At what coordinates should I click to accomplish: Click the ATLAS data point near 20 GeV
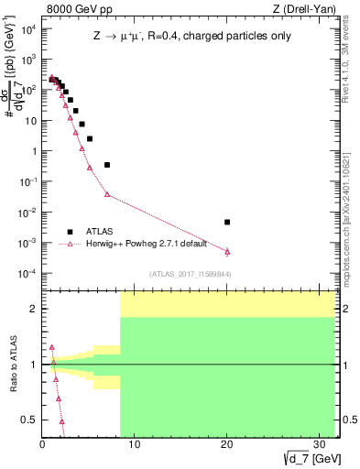(227, 222)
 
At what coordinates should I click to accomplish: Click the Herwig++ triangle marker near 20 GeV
(227, 251)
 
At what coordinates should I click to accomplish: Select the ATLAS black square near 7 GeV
(107, 165)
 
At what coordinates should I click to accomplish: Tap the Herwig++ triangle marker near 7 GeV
(107, 194)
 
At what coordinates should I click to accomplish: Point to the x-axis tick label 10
(135, 445)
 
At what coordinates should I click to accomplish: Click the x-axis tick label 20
(227, 445)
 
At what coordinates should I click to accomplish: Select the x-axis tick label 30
(320, 445)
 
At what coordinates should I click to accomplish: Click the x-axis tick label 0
(42, 445)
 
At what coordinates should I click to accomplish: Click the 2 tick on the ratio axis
(33, 309)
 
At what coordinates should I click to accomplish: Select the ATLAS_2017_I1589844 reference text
(190, 274)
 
